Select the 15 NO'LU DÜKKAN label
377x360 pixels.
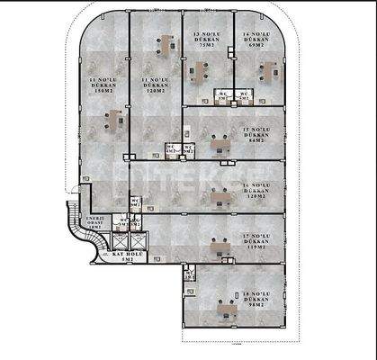tap(257, 136)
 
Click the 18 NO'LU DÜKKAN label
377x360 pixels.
tap(257, 298)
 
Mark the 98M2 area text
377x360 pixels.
tap(257, 306)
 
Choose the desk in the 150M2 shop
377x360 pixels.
tap(114, 115)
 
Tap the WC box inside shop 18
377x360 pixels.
tap(189, 274)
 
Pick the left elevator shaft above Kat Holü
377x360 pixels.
tap(117, 241)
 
